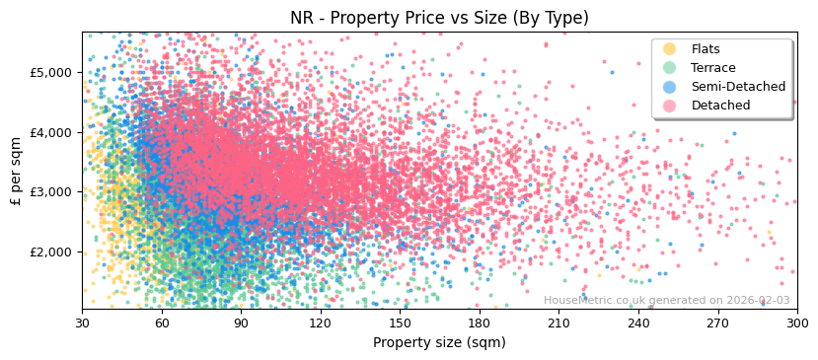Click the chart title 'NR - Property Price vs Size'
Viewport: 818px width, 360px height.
pyautogui.click(x=439, y=18)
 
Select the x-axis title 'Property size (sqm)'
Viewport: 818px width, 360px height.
pyautogui.click(x=439, y=342)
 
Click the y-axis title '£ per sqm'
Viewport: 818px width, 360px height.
pyautogui.click(x=17, y=171)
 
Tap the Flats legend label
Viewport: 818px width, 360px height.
pyautogui.click(x=706, y=49)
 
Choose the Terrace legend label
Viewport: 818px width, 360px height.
pyautogui.click(x=713, y=68)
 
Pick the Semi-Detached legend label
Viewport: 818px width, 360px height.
pyautogui.click(x=738, y=87)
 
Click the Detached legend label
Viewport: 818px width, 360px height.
pyautogui.click(x=720, y=106)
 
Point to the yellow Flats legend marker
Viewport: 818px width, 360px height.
pyautogui.click(x=670, y=49)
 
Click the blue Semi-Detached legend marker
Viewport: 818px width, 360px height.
pyautogui.click(x=670, y=87)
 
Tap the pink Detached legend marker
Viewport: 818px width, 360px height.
pyautogui.click(x=670, y=106)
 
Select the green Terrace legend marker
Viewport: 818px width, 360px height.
pyautogui.click(x=670, y=68)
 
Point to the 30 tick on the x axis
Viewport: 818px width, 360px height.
pyautogui.click(x=82, y=323)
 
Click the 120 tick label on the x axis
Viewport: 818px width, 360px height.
pyautogui.click(x=321, y=323)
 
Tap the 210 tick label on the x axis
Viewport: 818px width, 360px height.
pyautogui.click(x=558, y=323)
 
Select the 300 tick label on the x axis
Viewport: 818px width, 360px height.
pyautogui.click(x=796, y=323)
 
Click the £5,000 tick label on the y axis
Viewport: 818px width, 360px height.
pyautogui.click(x=50, y=72)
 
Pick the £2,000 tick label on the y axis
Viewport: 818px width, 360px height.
pyautogui.click(x=50, y=252)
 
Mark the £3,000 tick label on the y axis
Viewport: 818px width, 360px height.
pyautogui.click(x=50, y=191)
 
